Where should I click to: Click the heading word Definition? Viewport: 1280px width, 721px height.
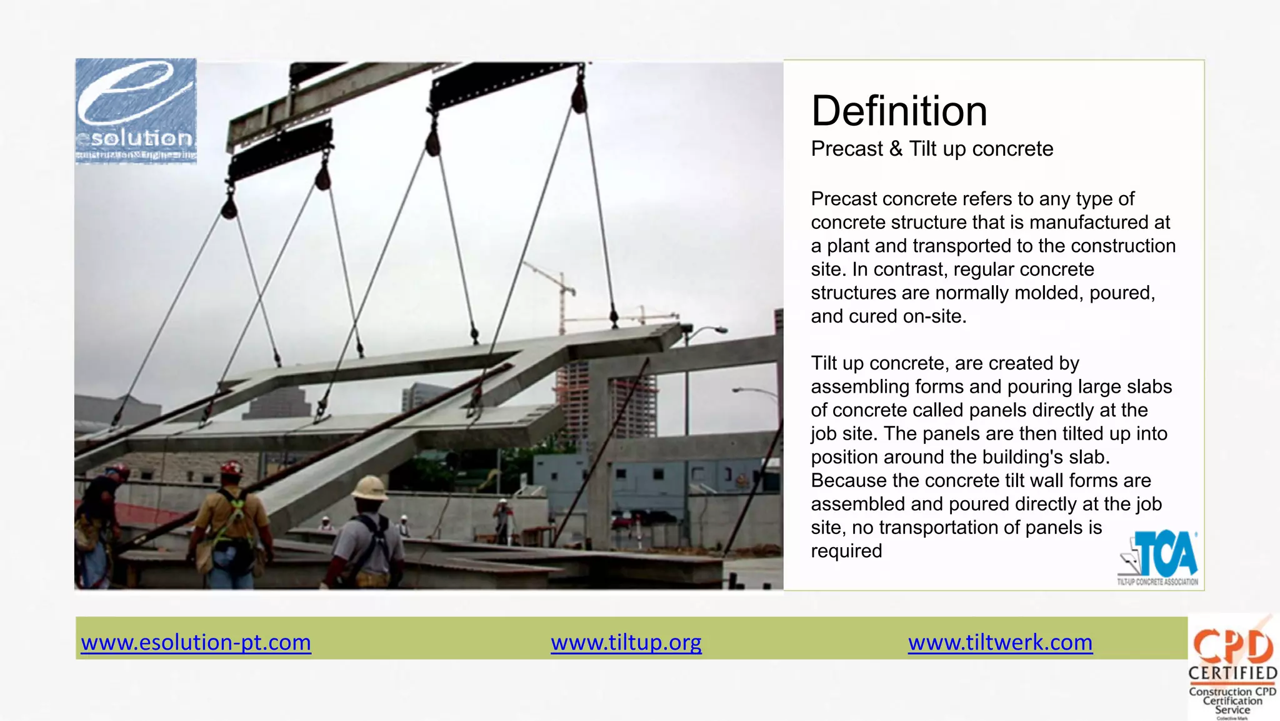point(899,111)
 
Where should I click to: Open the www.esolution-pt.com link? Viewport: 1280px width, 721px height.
point(196,642)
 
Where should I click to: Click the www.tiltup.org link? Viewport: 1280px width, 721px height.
point(626,642)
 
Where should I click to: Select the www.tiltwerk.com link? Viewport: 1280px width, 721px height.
point(1000,642)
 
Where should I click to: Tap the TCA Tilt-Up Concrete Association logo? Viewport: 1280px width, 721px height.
point(1159,557)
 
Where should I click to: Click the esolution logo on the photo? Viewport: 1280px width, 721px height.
point(136,111)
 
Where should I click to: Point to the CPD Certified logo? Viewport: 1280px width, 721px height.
point(1232,667)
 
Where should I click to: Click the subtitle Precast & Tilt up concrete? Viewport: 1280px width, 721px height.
point(931,149)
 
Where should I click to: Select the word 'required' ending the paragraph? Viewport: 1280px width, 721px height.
point(846,551)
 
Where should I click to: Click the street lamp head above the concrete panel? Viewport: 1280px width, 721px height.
point(719,330)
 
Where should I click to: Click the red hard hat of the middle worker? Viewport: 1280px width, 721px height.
point(232,468)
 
